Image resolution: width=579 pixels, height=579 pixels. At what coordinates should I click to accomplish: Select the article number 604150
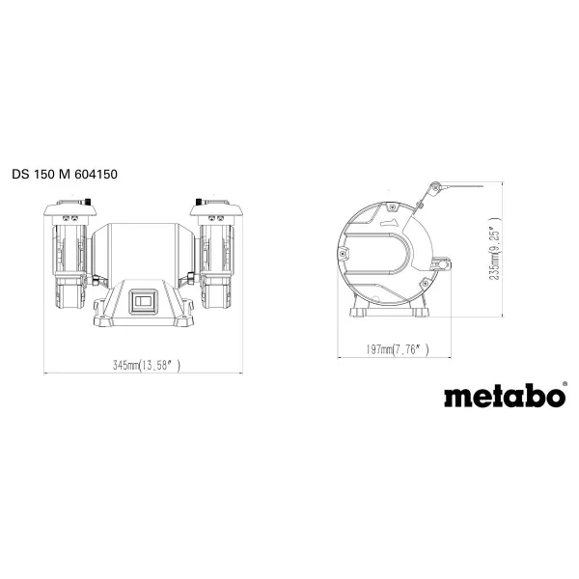tap(102, 175)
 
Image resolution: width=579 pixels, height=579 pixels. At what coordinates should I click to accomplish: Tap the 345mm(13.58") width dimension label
tap(147, 366)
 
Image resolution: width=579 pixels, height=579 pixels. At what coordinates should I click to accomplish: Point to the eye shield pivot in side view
tap(435, 187)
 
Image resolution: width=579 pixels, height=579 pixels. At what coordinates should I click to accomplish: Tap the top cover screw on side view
tap(389, 206)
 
